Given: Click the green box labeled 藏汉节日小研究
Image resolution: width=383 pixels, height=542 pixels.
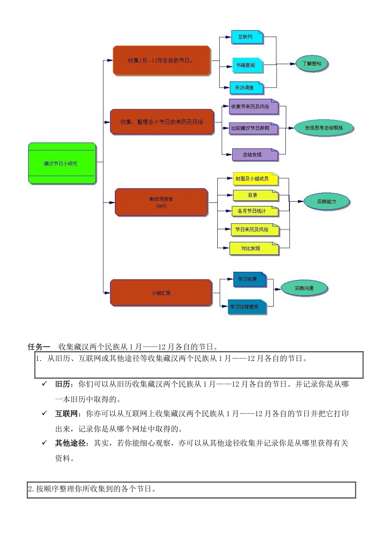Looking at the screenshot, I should tap(62, 163).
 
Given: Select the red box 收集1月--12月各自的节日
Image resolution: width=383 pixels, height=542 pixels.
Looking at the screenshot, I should tap(161, 60).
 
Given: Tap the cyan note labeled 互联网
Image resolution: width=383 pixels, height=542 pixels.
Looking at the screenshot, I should tap(247, 37).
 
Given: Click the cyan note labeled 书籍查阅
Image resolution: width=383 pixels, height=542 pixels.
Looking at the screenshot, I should tap(247, 65).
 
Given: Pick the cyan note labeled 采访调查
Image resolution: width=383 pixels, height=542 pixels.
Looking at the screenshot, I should tap(246, 88).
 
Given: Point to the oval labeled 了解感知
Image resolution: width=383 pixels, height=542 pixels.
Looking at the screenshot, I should tap(312, 64).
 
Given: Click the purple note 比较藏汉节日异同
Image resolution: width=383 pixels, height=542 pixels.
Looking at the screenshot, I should tap(254, 129).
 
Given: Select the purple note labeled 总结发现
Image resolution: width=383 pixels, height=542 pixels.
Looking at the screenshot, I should tap(255, 154).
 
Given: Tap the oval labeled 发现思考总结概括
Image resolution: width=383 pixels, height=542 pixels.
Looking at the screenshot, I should tap(324, 128).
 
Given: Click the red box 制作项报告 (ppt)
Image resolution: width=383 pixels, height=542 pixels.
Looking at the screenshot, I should tap(161, 202).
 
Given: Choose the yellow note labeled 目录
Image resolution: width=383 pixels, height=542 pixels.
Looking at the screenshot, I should tap(255, 196).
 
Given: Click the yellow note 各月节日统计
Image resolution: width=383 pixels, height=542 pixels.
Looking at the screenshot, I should tap(255, 211).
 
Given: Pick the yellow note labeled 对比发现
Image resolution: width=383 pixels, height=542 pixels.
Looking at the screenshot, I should tap(254, 248).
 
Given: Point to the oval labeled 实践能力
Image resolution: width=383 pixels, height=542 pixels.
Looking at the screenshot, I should tap(326, 202).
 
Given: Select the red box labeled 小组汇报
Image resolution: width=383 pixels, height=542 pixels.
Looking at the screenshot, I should tap(161, 293).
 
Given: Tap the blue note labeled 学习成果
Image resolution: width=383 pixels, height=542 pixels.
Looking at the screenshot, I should tap(249, 279).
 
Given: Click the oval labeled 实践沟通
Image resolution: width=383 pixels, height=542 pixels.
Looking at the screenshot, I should tap(304, 288).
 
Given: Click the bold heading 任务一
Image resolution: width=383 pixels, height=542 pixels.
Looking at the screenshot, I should tap(39, 347).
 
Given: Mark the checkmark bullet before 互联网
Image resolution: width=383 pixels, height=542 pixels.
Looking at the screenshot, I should tap(44, 413).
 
